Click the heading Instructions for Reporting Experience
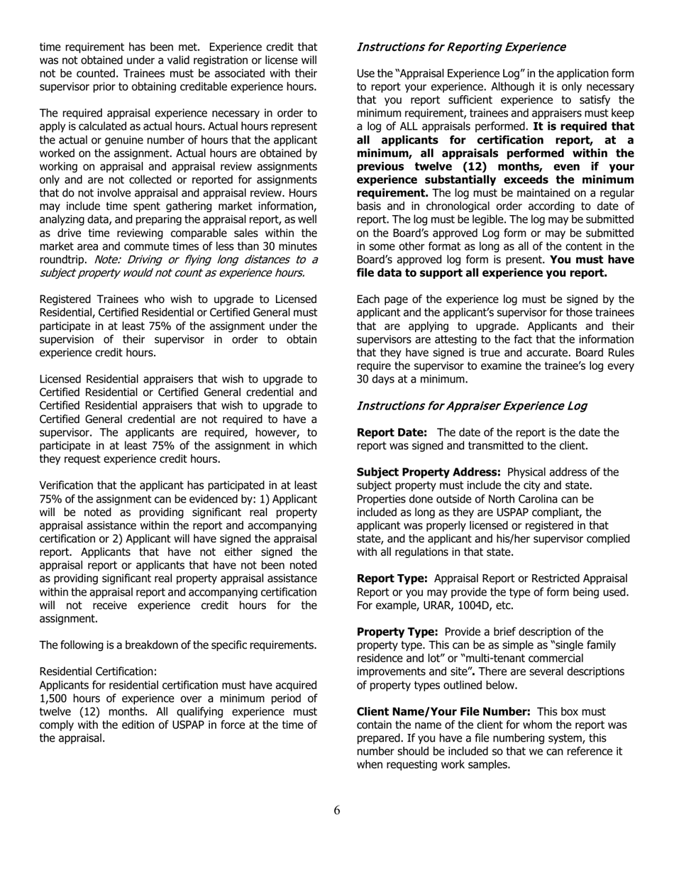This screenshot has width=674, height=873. click(x=460, y=47)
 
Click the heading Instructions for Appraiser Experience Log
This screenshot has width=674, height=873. click(x=471, y=406)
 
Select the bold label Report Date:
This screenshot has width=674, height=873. click(x=392, y=433)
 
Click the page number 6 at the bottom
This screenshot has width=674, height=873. click(x=337, y=811)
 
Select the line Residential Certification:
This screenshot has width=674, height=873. click(x=98, y=671)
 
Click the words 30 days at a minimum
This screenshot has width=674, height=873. click(x=402, y=379)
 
